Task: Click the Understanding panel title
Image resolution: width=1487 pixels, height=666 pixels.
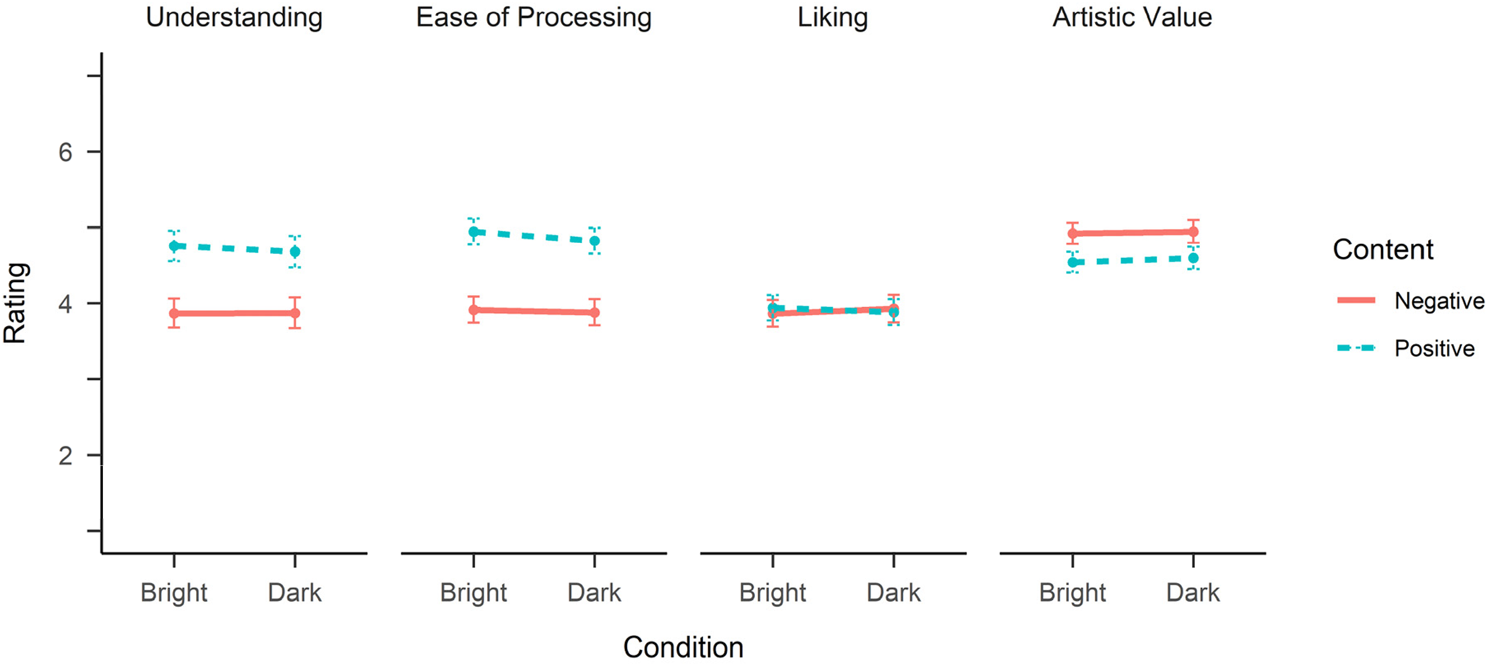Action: pyautogui.click(x=234, y=18)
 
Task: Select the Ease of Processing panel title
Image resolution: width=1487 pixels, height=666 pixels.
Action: pyautogui.click(x=534, y=18)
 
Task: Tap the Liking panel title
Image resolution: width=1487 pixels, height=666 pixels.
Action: pyautogui.click(x=833, y=18)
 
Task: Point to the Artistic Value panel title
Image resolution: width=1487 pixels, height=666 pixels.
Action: pyautogui.click(x=1132, y=17)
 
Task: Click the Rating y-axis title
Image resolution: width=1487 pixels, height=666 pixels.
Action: pyautogui.click(x=15, y=303)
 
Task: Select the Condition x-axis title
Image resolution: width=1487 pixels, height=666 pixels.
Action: pyautogui.click(x=683, y=648)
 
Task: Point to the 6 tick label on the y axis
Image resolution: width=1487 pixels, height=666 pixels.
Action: pyautogui.click(x=65, y=152)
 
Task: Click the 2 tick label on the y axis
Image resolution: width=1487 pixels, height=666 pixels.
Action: pyautogui.click(x=65, y=456)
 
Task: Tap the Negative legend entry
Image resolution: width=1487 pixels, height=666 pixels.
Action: pyautogui.click(x=1439, y=301)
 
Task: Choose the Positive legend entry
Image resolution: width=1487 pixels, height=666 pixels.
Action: pyautogui.click(x=1435, y=349)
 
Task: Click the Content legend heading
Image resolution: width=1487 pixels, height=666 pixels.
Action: pyautogui.click(x=1383, y=249)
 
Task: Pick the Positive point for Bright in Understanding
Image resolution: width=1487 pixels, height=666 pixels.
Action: pyautogui.click(x=174, y=246)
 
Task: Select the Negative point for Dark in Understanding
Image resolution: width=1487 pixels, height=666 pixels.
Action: pyautogui.click(x=295, y=313)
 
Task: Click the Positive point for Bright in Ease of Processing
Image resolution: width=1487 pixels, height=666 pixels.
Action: pyautogui.click(x=473, y=232)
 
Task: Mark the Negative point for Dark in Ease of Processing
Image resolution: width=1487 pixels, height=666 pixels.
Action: pyautogui.click(x=594, y=312)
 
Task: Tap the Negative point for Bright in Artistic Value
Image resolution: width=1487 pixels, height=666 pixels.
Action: pyautogui.click(x=1072, y=234)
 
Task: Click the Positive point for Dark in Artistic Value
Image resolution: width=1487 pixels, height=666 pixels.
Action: pyautogui.click(x=1193, y=258)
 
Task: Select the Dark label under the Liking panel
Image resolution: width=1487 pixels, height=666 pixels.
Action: pyautogui.click(x=893, y=593)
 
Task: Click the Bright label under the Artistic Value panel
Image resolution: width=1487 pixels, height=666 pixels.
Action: pyautogui.click(x=1072, y=593)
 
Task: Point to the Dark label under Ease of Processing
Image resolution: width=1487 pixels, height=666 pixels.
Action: pyautogui.click(x=594, y=593)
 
